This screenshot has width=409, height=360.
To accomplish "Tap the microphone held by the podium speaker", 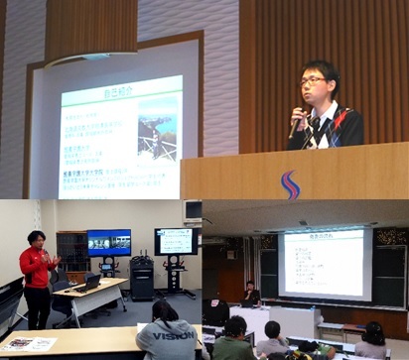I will (x=297, y=120).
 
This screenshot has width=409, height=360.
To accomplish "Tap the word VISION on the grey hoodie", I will (x=171, y=336).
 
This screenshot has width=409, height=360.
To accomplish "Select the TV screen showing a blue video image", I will (x=108, y=242).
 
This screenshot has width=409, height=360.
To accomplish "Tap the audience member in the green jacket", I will (x=234, y=341).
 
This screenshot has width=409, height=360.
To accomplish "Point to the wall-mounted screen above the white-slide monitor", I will (x=192, y=210).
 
